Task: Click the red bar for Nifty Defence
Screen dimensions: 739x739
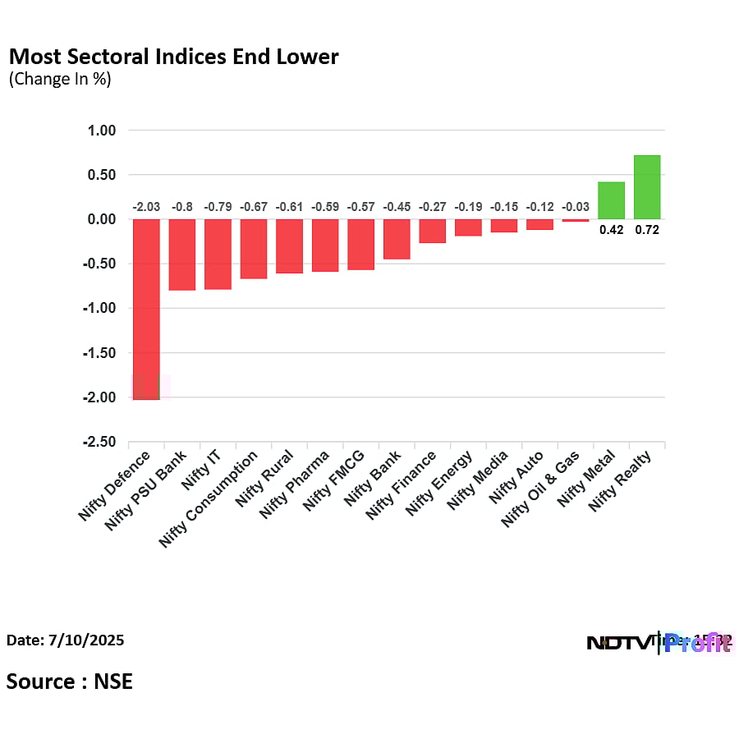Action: coord(146,309)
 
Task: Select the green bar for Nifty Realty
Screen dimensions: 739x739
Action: coord(647,187)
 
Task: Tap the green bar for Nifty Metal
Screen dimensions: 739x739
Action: coord(611,200)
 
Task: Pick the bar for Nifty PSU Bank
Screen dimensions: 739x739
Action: coord(181,255)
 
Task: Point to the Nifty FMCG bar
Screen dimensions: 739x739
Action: coord(360,245)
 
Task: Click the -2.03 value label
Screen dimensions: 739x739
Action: coord(146,207)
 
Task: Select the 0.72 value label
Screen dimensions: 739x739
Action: coord(647,230)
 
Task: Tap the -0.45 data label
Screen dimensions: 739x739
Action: coord(397,207)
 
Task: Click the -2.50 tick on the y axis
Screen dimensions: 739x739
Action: coord(99,443)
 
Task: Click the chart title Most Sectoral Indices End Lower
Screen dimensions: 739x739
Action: coord(173,57)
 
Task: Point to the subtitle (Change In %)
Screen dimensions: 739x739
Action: coord(60,80)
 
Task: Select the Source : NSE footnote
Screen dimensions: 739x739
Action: coord(70,681)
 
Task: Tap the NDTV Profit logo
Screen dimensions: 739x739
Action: coord(659,642)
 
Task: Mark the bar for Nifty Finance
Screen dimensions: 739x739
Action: coord(432,231)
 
